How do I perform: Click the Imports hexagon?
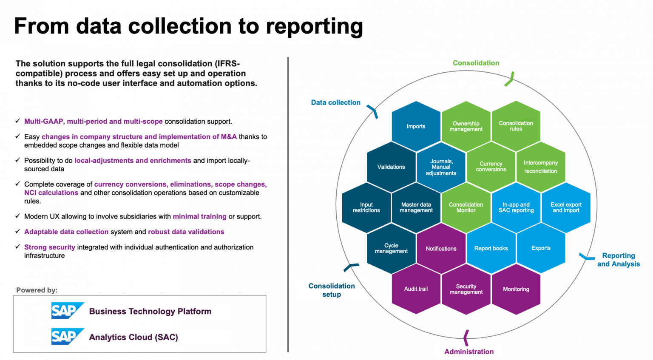point(416,126)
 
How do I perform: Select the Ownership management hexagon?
point(466,126)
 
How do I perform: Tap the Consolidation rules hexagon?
point(516,126)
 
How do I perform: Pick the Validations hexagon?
point(391,167)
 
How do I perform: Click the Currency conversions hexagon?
point(491,167)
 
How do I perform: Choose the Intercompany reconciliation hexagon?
point(541,167)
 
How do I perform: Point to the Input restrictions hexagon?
point(366,207)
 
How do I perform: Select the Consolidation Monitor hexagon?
point(466,207)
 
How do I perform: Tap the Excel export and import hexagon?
point(566,207)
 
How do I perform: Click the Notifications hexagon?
point(441,249)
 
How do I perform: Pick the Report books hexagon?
point(491,248)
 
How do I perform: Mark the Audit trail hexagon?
point(416,289)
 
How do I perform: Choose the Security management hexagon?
point(466,289)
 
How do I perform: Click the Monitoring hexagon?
point(516,289)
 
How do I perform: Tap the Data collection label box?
point(335,102)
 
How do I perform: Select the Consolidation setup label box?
point(332,290)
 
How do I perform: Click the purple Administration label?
point(469,351)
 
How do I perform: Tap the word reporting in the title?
point(314,26)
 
